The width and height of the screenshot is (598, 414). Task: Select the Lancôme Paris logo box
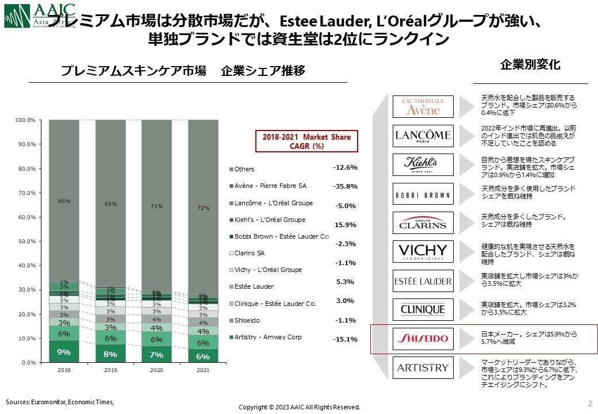pos(423,136)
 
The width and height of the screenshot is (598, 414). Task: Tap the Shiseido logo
pos(423,339)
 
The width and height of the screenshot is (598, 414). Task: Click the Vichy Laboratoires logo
pos(423,251)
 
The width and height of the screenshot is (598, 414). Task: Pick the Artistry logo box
pos(423,367)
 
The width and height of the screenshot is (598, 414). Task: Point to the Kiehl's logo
pos(423,164)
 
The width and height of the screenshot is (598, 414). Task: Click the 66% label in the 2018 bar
pos(64,201)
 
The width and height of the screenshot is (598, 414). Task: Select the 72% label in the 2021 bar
pos(203,208)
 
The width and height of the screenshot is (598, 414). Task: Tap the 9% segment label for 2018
pos(64,352)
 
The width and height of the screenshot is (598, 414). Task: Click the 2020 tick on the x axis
pos(156,371)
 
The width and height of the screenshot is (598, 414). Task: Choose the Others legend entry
pos(241,169)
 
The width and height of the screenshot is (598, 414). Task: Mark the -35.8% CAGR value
pos(345,186)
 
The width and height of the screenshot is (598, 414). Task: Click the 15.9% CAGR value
pos(345,225)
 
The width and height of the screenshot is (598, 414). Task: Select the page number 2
pos(590,402)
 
